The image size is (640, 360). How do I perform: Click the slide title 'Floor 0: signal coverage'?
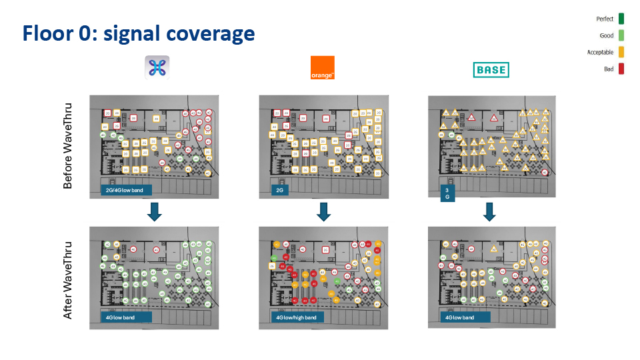tap(139, 33)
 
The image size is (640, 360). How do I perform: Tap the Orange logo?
tap(323, 68)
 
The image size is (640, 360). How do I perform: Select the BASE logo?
tap(490, 69)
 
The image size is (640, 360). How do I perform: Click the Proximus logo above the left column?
tap(157, 67)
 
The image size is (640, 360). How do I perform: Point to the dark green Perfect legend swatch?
tap(621, 19)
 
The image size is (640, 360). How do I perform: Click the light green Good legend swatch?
tap(621, 35)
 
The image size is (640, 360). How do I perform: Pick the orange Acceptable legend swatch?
tap(621, 52)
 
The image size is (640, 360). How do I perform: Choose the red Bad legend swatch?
tap(621, 69)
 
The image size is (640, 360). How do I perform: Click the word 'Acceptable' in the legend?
tap(600, 52)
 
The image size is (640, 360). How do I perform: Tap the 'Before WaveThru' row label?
tap(68, 145)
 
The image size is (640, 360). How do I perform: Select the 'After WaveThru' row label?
tap(68, 279)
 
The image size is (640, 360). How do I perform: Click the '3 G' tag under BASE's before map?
tap(447, 193)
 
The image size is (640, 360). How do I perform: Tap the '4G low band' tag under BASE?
tap(461, 317)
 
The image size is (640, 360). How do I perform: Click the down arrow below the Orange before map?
tap(324, 212)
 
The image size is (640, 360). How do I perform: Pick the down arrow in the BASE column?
tap(489, 212)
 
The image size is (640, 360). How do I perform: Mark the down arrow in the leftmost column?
tap(155, 212)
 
